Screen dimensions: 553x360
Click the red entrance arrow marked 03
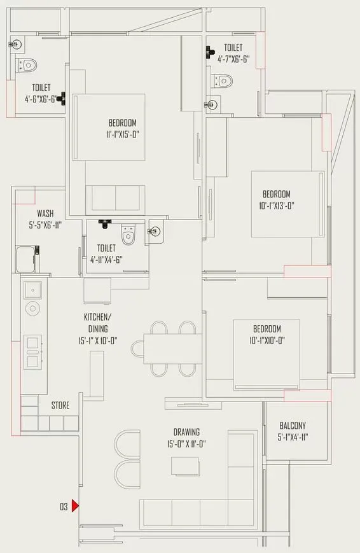(75, 507)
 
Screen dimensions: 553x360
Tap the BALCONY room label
(293, 426)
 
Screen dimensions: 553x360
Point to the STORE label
(61, 405)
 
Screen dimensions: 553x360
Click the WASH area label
(45, 214)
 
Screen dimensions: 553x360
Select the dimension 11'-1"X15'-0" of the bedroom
(122, 134)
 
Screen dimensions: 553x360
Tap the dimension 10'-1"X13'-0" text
(277, 205)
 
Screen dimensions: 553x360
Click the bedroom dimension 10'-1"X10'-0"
(267, 340)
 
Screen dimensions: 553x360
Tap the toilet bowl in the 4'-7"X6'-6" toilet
(223, 80)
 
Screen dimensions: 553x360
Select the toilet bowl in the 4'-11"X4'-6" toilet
(128, 237)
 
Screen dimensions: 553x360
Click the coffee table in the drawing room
(184, 466)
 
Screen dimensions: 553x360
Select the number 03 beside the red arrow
(64, 507)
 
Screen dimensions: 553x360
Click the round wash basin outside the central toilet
(155, 232)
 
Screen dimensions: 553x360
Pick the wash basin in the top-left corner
(17, 44)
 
